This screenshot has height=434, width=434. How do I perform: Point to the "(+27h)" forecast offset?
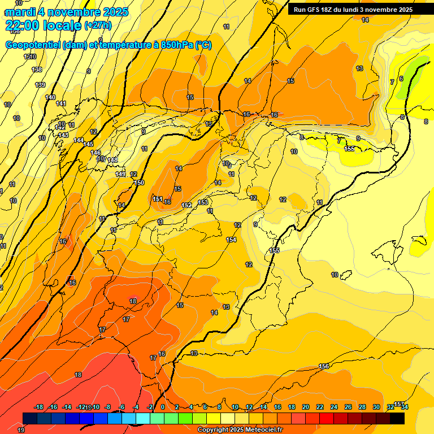point(98,25)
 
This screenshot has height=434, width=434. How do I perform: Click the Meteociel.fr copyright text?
point(240,430)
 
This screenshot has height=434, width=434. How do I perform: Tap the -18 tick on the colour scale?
point(39,407)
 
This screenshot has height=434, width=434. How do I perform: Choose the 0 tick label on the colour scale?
point(163,407)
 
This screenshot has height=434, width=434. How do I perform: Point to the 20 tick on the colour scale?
point(306,407)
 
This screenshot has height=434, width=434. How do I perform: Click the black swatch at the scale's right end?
point(397,418)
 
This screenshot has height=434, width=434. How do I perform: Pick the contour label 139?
point(40,85)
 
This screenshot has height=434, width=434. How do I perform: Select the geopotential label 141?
point(61,103)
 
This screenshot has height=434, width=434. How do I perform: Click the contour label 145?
point(88,144)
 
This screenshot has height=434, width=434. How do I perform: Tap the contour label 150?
point(140,183)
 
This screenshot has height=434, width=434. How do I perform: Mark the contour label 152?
point(187,205)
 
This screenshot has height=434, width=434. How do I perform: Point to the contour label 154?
point(231,240)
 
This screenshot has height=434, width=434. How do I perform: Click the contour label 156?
point(324,367)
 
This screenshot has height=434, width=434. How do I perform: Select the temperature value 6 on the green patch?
point(401,79)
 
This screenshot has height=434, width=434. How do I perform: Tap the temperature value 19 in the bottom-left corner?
point(21,430)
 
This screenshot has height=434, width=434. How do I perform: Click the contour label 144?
point(79,140)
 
